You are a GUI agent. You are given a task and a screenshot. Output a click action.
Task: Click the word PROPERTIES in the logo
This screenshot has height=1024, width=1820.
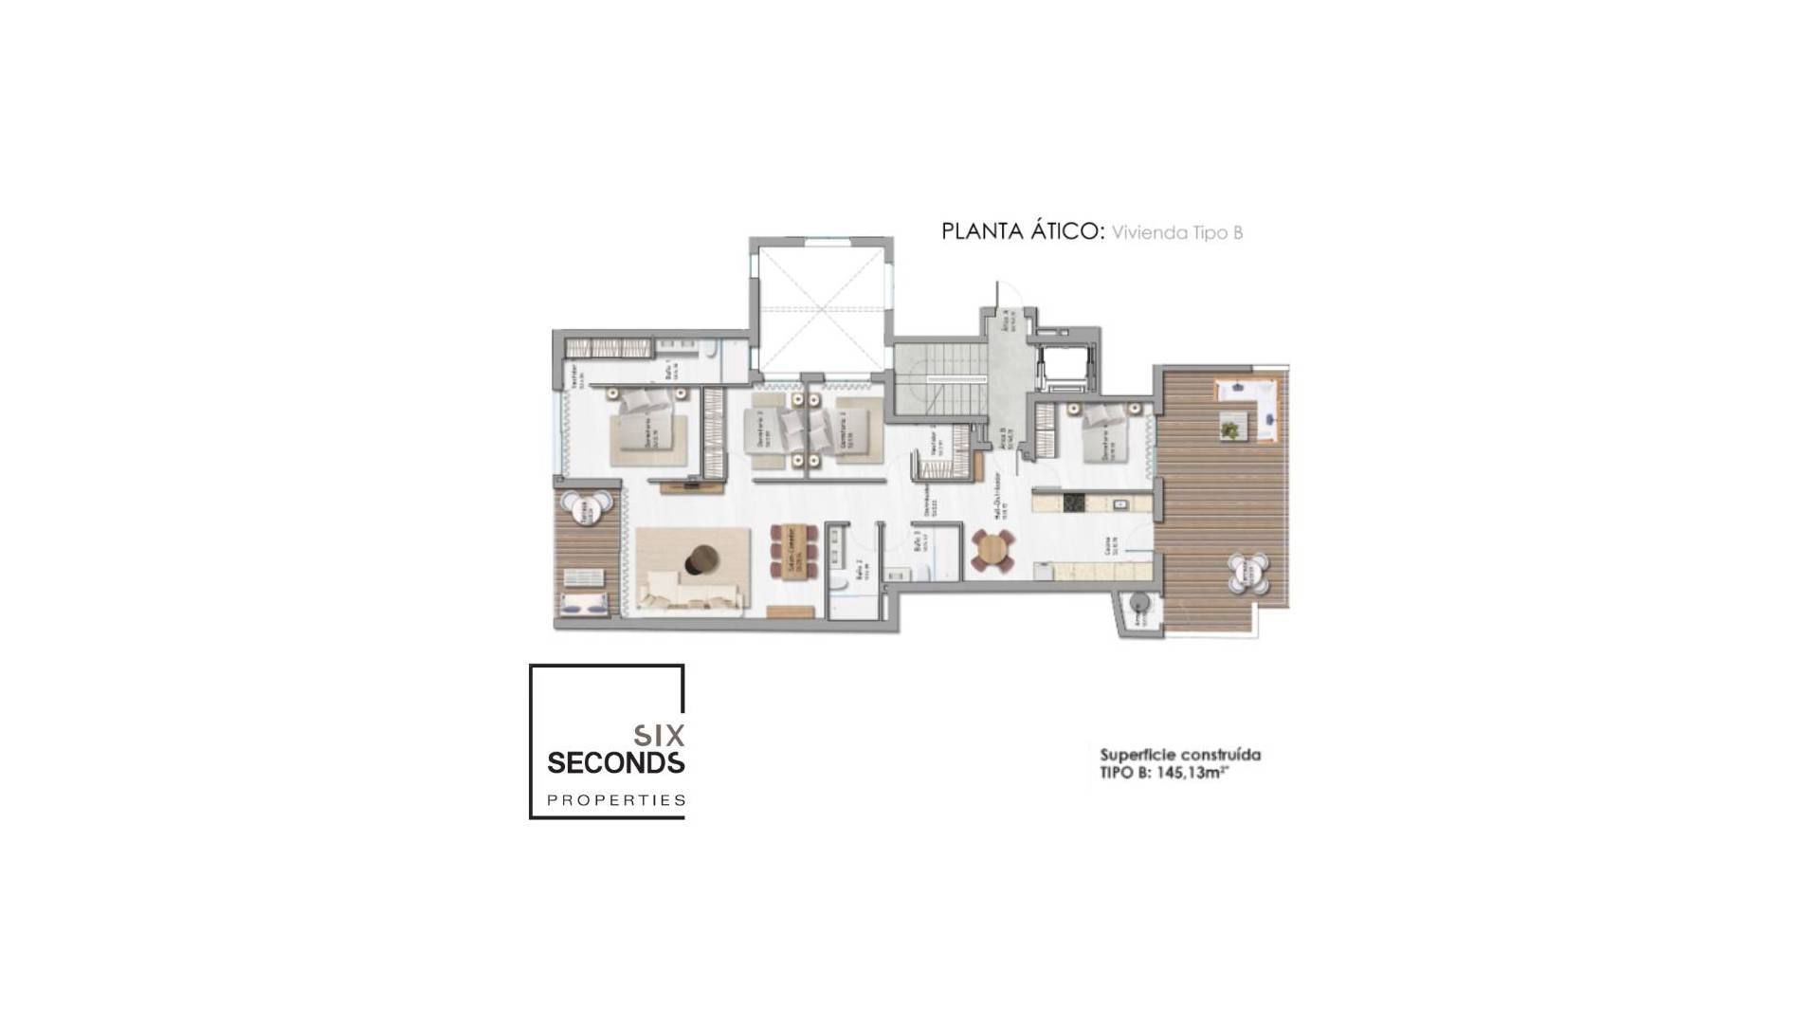[x=616, y=800]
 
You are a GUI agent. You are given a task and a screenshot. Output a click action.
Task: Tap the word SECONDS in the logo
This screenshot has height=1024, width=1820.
[x=616, y=762]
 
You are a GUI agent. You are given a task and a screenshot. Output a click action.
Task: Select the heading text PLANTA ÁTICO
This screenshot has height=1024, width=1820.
[x=1022, y=232]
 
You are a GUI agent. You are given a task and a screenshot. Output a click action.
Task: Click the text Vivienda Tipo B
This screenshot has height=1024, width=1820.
[x=1176, y=233]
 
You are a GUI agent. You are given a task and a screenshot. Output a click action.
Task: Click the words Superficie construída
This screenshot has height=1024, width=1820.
[x=1179, y=756]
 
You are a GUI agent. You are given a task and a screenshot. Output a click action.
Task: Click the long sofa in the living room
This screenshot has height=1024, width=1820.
[x=690, y=595]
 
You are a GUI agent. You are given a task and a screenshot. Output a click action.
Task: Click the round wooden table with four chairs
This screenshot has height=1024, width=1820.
[x=992, y=549]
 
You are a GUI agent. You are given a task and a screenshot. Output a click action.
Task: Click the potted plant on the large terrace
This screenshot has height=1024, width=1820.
[x=1229, y=430]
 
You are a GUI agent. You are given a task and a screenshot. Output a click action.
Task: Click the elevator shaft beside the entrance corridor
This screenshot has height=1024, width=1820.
[x=1064, y=367]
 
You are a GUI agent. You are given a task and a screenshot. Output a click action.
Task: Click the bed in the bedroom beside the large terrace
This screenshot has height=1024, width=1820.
[x=1106, y=434]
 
